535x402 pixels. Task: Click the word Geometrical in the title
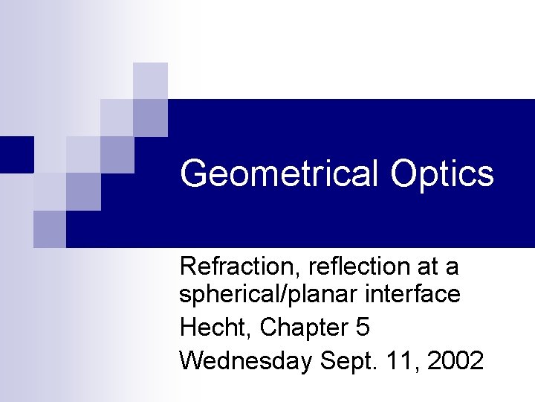click(279, 173)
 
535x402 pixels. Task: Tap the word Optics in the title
click(441, 173)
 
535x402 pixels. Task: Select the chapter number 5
click(363, 327)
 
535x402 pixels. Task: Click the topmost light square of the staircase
click(150, 80)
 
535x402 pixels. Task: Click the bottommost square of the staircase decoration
click(50, 229)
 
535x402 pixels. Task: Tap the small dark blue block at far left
click(16, 154)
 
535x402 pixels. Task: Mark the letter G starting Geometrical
click(194, 173)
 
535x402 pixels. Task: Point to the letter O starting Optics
click(404, 173)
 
